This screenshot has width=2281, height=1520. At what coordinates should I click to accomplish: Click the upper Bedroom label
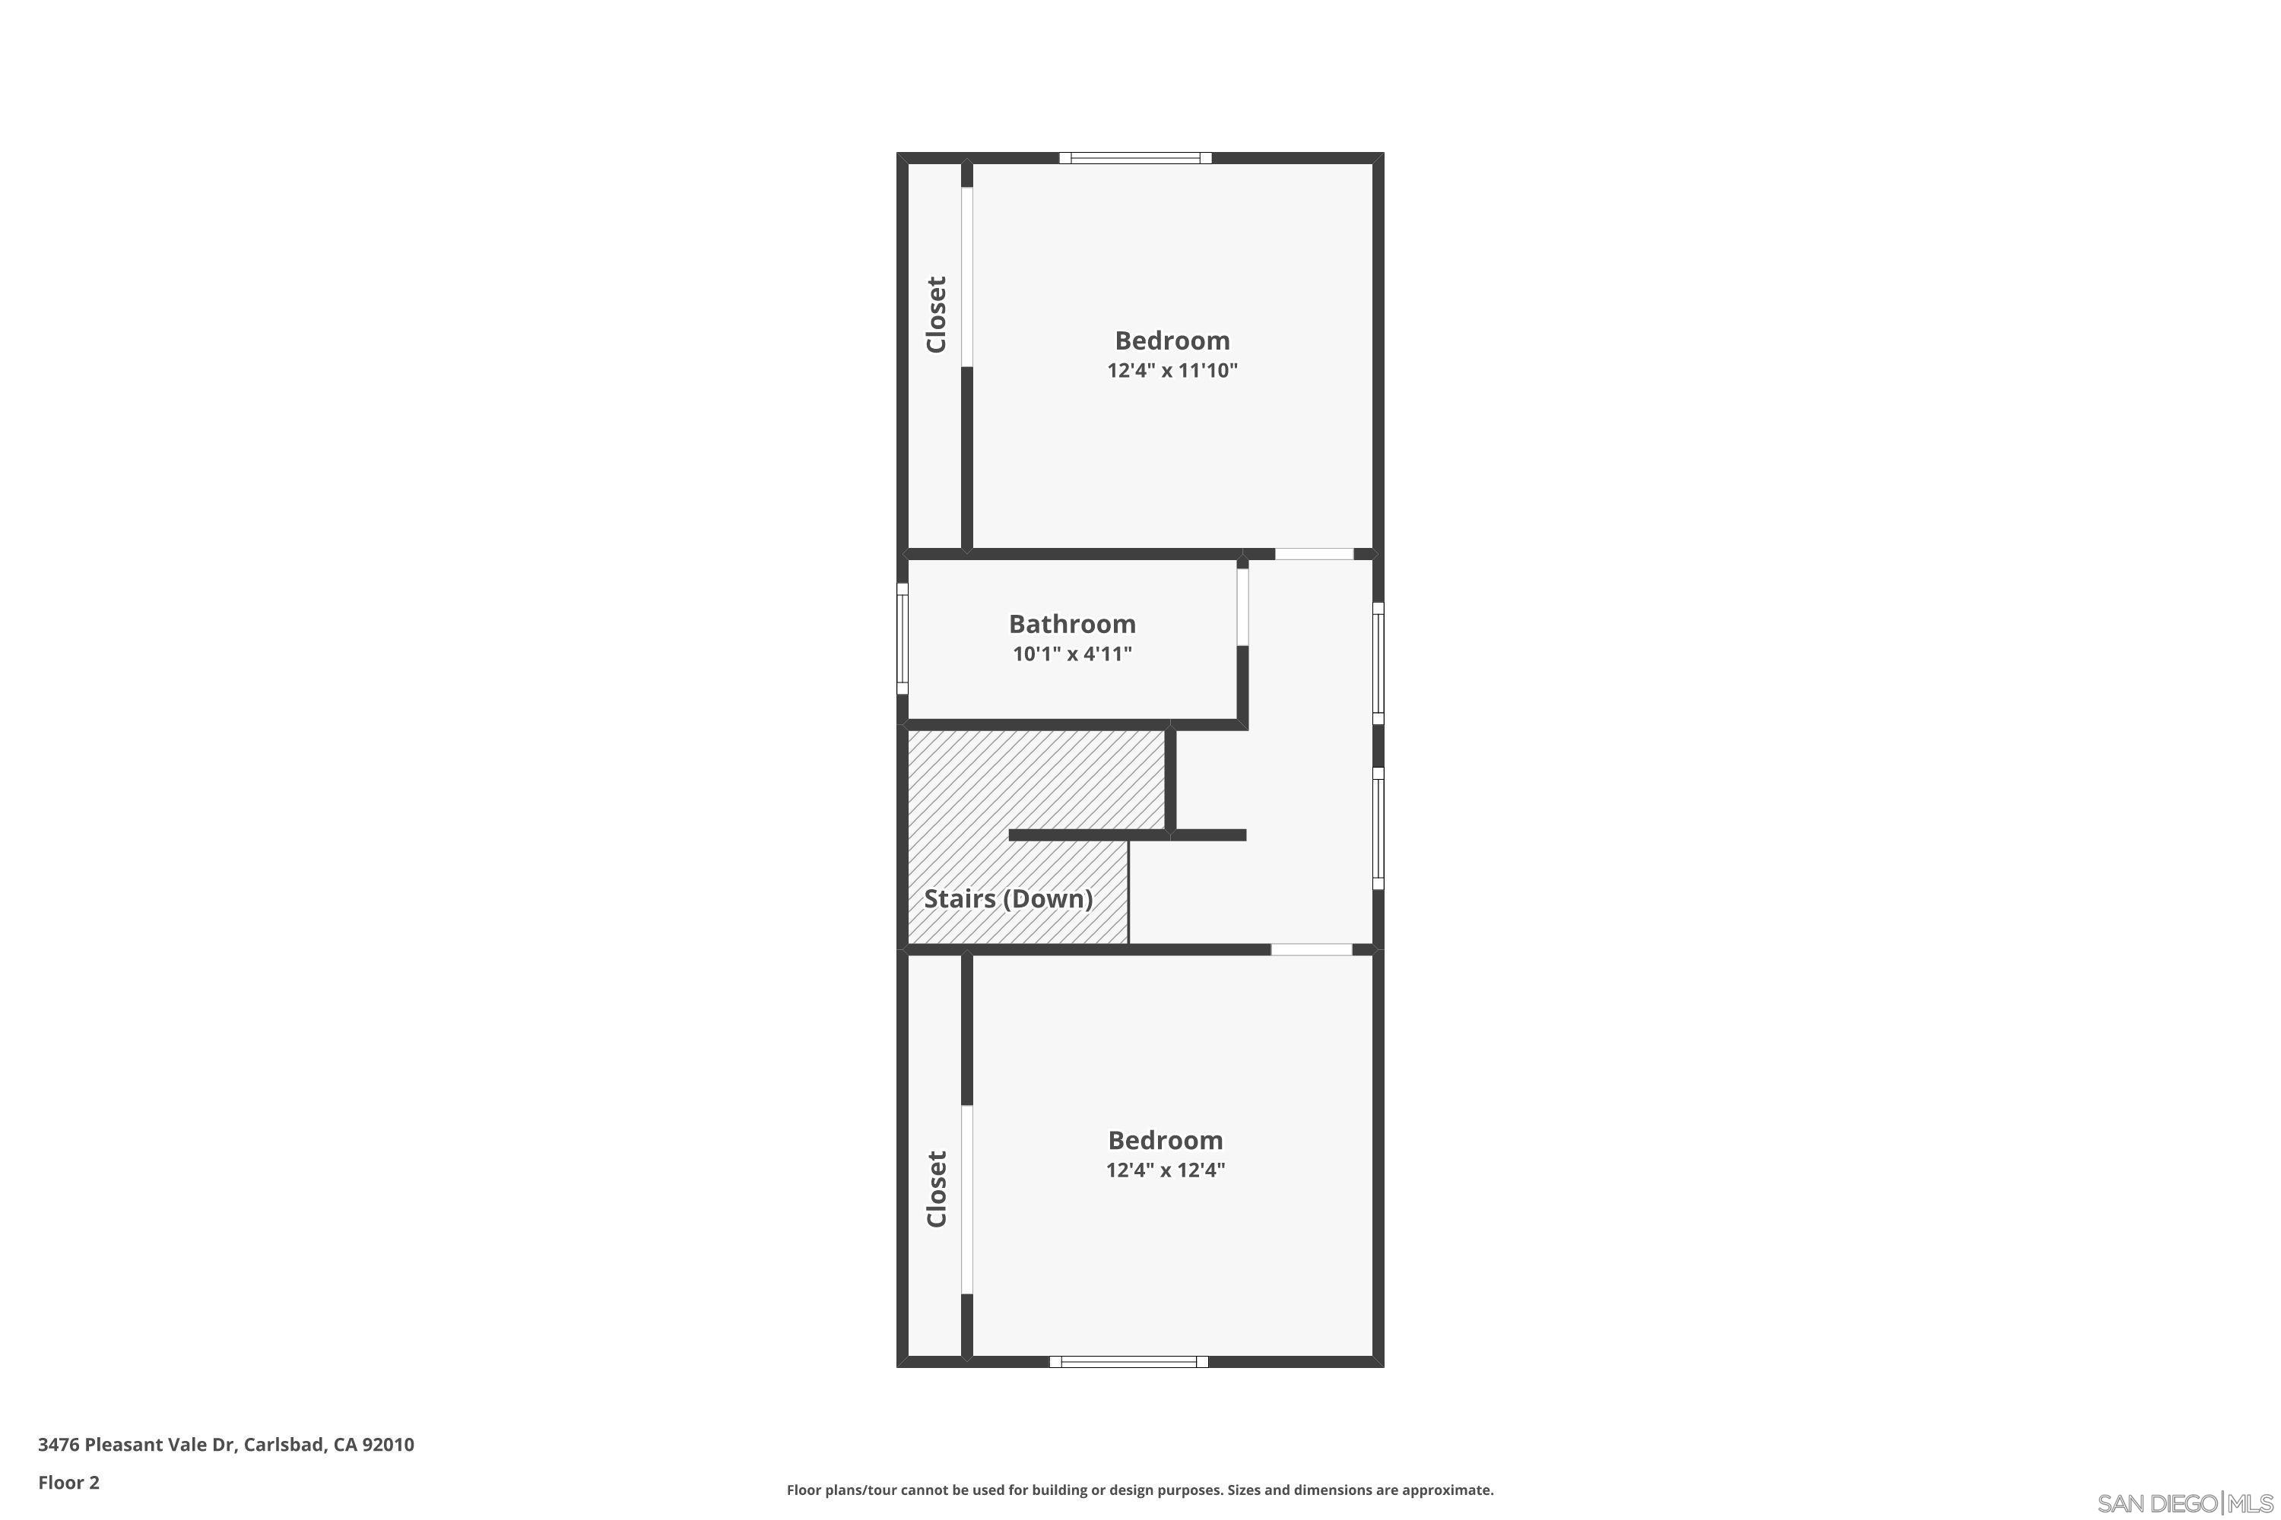1172,340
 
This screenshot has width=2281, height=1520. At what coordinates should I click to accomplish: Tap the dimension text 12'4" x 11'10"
1172,370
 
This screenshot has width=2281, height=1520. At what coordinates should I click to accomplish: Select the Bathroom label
1071,623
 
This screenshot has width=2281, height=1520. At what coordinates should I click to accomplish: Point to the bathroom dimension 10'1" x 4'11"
1071,654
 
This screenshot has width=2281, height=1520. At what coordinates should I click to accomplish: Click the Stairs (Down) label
1007,898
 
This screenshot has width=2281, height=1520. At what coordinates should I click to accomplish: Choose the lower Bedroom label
1165,1139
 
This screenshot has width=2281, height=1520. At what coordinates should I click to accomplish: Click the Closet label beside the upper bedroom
936,315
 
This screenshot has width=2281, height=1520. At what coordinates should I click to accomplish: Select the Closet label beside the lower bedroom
936,1189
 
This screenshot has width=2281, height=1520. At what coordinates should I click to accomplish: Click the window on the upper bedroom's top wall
1134,158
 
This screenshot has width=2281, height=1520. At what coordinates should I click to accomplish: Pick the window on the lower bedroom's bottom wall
1129,1361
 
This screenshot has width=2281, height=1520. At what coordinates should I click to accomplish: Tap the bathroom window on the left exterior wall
902,639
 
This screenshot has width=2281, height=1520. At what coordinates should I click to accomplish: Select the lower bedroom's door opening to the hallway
1311,950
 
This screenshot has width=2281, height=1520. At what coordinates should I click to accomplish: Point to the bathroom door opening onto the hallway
1242,606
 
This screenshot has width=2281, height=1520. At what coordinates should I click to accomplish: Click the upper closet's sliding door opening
967,277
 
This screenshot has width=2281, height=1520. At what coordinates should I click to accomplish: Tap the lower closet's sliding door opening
967,1199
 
